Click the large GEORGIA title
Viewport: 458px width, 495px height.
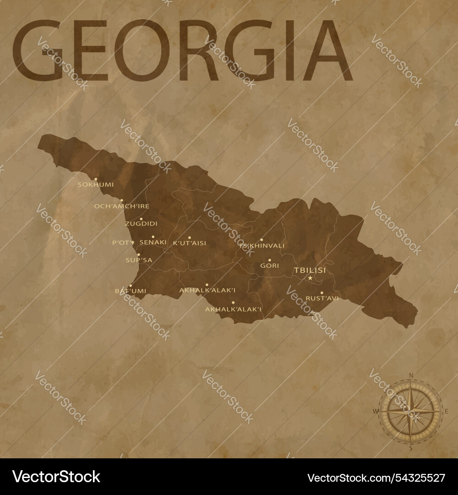(x=182, y=50)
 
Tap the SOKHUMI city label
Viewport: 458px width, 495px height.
(x=96, y=185)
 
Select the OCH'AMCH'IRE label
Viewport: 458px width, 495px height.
(x=122, y=206)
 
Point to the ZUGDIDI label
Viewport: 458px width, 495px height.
(x=141, y=224)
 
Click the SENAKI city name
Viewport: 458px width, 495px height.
(x=153, y=242)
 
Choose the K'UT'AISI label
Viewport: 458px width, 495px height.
(x=190, y=243)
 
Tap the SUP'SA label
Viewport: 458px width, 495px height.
(x=139, y=260)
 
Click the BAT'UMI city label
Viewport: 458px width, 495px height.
(x=131, y=291)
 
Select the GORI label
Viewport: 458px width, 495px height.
(x=269, y=265)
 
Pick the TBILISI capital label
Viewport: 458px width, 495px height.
(x=310, y=270)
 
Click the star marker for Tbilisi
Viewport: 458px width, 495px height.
(x=310, y=278)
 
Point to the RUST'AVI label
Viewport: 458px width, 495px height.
(x=322, y=298)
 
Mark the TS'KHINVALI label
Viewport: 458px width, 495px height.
(x=262, y=246)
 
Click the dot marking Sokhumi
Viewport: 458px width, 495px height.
(x=96, y=179)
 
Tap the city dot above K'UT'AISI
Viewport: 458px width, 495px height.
(x=189, y=238)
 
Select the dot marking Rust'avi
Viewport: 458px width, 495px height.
(x=322, y=293)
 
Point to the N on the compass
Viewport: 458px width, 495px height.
(x=411, y=375)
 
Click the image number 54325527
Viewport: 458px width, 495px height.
(x=376, y=478)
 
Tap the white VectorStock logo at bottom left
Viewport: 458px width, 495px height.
(x=56, y=477)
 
